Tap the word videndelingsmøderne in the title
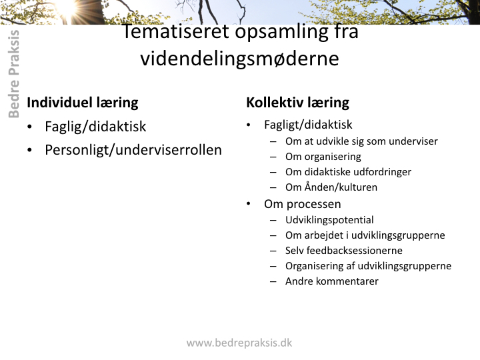click(x=240, y=59)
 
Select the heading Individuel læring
click(x=83, y=103)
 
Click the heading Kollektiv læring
click(x=297, y=103)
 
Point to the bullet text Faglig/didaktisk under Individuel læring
click(x=95, y=127)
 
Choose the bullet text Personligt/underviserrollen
click(x=133, y=150)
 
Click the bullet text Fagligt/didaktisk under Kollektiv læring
click(x=308, y=125)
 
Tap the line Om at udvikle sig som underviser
click(x=361, y=141)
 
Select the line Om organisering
click(x=323, y=157)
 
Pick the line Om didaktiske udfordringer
click(x=349, y=172)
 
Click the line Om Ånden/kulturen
click(x=331, y=187)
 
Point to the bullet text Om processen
click(x=303, y=204)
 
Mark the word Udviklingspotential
click(x=329, y=220)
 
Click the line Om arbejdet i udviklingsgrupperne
click(x=365, y=235)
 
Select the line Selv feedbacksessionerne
click(x=344, y=251)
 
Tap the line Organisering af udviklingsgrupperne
click(x=368, y=266)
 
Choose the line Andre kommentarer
click(x=332, y=281)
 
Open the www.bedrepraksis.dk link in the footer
click(x=239, y=343)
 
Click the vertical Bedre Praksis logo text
click(x=14, y=74)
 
